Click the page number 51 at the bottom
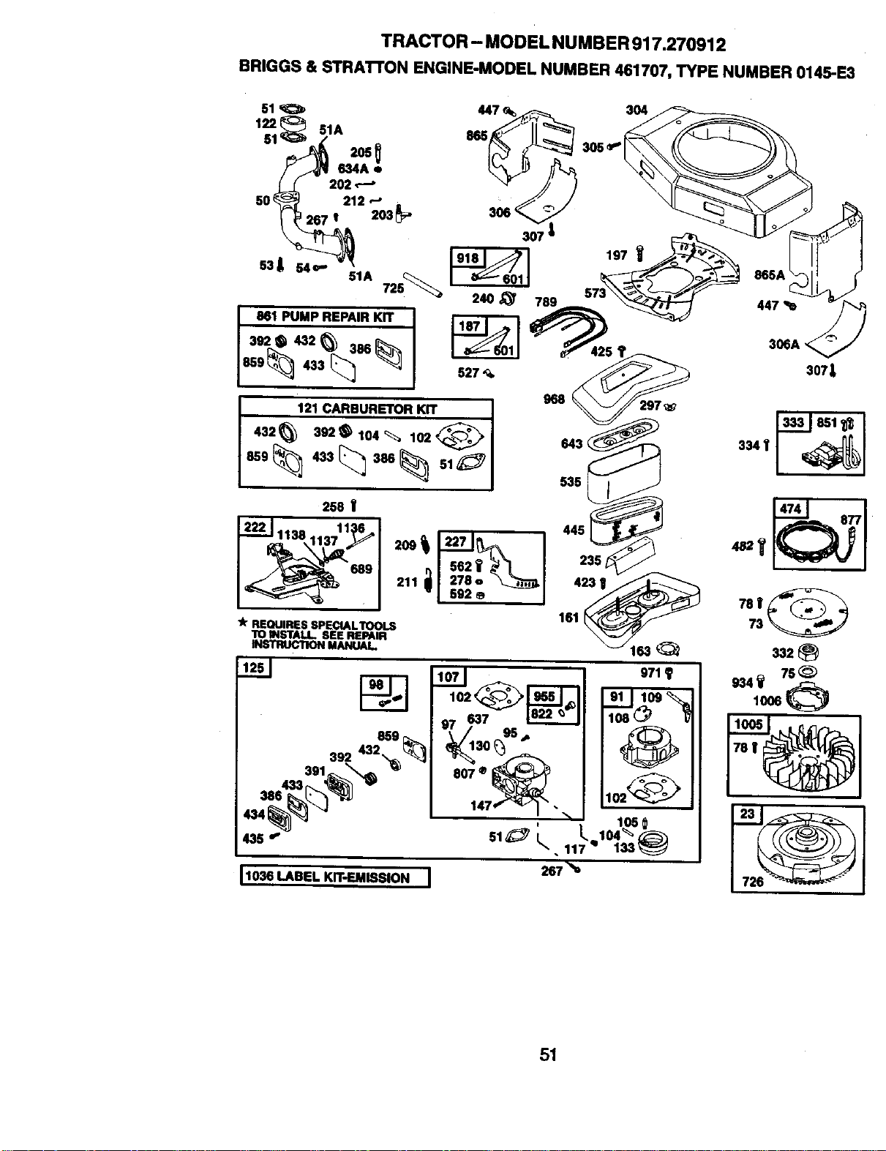548,1054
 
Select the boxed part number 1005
748,724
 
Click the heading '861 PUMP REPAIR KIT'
325,317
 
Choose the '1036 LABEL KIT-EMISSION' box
334,877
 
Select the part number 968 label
554,399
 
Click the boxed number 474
790,509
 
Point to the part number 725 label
393,288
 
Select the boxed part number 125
253,667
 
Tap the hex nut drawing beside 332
810,651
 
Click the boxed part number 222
255,527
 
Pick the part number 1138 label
291,534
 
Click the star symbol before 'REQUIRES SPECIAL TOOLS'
243,623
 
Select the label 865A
770,274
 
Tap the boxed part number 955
544,696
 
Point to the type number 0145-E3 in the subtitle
825,72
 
